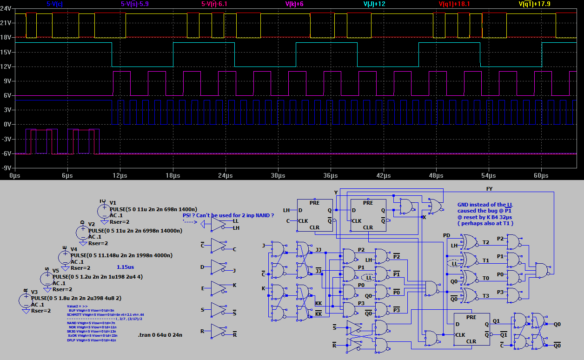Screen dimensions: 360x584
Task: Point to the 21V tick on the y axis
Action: pos(5,23)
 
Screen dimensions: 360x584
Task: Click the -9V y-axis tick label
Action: pos(5,168)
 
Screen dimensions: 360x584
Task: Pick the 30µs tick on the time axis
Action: pos(278,176)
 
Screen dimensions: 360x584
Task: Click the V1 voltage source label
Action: pos(113,203)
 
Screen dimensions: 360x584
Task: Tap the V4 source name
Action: pos(74,249)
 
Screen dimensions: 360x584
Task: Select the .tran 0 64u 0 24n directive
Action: pos(160,335)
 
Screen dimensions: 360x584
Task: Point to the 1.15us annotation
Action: pos(125,267)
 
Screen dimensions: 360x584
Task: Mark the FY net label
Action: pos(489,189)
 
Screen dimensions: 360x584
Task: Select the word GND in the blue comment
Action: pos(464,205)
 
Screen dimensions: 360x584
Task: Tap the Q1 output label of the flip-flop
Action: pos(497,321)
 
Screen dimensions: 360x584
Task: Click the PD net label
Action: pos(446,235)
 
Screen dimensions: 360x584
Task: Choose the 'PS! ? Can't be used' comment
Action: pos(228,215)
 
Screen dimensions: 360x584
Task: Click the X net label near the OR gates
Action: pos(424,217)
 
